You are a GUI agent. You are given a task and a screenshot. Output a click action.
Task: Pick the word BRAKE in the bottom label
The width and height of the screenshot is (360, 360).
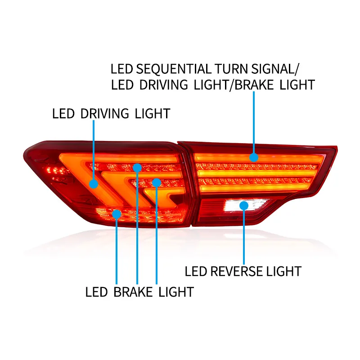click(x=133, y=292)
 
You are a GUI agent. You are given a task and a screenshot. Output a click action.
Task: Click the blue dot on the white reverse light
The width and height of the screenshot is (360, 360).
click(x=244, y=206)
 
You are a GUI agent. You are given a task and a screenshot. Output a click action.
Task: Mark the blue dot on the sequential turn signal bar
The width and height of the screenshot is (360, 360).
click(x=254, y=157)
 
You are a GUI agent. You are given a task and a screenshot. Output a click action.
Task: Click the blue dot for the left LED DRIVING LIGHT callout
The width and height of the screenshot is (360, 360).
click(x=94, y=184)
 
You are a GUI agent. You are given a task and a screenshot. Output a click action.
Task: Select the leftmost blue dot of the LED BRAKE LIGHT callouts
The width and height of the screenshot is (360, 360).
click(x=117, y=214)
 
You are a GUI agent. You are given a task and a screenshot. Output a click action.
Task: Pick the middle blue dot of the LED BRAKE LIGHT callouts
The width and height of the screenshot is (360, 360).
click(x=137, y=167)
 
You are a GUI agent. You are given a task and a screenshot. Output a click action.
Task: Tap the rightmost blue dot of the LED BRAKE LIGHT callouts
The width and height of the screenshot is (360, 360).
click(x=156, y=182)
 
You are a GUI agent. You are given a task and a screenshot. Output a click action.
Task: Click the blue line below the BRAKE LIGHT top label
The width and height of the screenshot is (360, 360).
click(x=254, y=121)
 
